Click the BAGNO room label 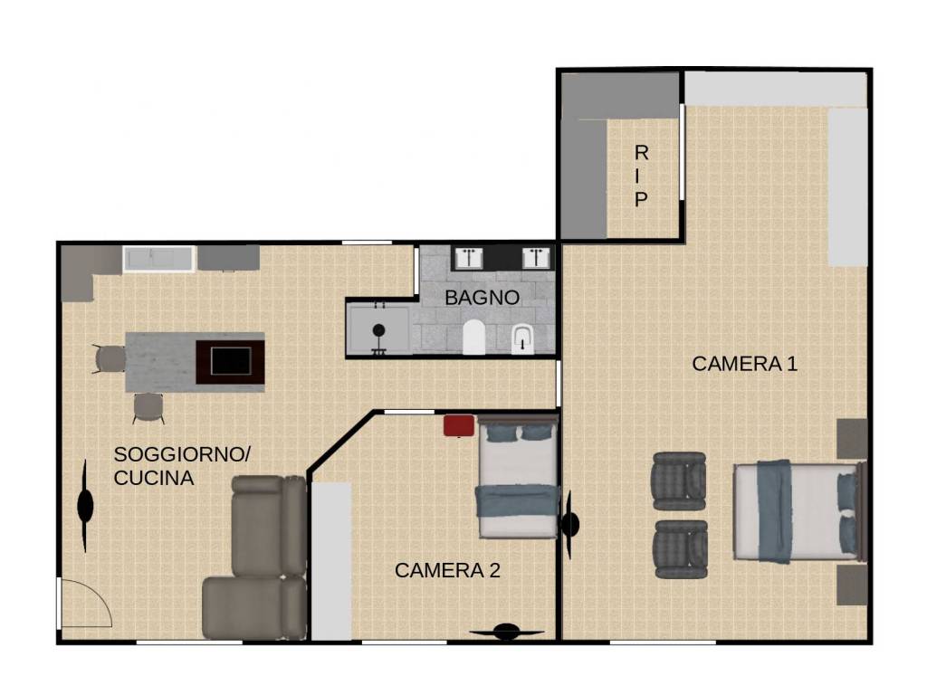482,297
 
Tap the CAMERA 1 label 744,364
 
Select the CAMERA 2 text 447,570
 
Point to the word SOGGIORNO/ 182,454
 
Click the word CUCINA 154,478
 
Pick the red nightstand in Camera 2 459,425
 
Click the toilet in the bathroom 473,337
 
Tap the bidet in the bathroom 522,340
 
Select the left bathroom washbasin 470,258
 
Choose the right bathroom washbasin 536,258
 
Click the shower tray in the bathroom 379,330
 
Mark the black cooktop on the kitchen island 231,361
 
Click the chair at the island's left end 109,358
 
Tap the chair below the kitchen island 148,408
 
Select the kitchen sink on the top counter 158,259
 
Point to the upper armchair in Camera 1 679,481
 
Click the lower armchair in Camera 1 681,549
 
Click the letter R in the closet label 641,153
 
